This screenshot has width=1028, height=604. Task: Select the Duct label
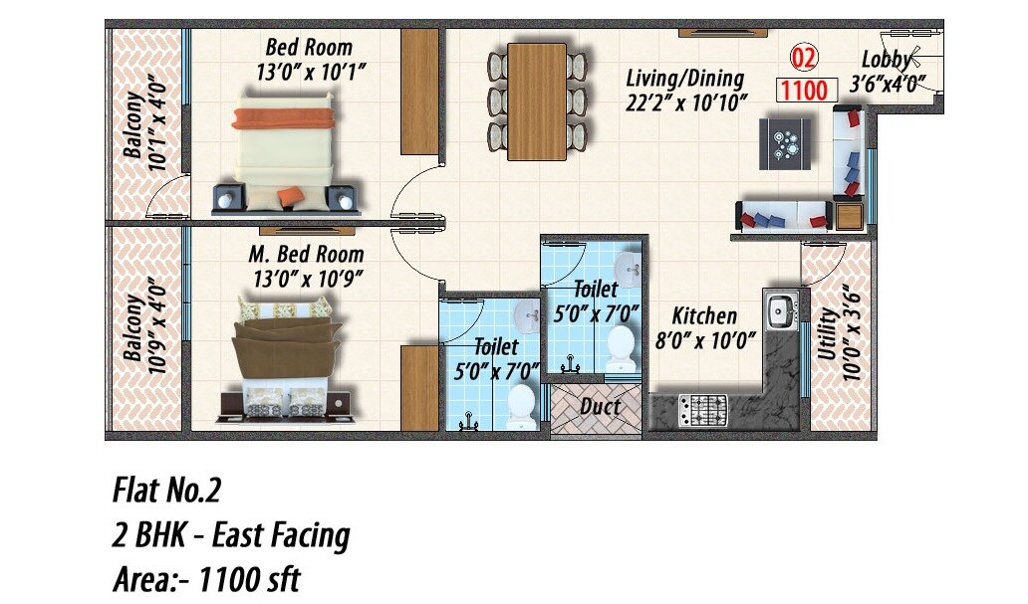[x=601, y=406]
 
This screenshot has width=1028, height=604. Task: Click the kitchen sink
[x=779, y=310]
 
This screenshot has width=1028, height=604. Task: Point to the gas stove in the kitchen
[x=702, y=408]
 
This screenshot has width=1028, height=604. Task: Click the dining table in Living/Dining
[x=537, y=101]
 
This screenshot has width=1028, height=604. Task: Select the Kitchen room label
[x=704, y=316]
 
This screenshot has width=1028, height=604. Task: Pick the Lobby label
[x=886, y=60]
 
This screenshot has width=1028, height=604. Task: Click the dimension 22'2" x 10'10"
[x=686, y=101]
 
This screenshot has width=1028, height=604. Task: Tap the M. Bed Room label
[x=306, y=255]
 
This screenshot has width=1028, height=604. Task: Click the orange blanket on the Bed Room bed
[x=283, y=119]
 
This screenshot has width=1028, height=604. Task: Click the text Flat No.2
[x=166, y=491]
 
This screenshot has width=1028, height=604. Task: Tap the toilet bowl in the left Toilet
[x=521, y=404]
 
